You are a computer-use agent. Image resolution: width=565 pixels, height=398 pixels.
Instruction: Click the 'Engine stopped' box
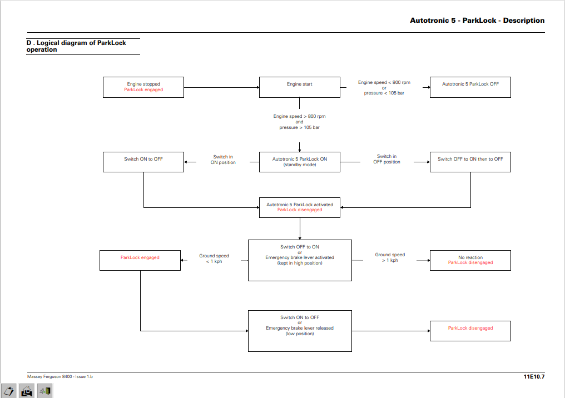[x=143, y=87]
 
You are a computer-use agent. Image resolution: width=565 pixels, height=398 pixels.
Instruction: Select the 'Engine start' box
[x=299, y=87]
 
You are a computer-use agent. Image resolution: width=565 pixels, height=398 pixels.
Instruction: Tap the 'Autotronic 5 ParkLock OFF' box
[x=470, y=87]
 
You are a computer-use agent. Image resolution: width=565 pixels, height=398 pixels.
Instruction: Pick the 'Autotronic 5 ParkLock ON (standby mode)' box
[x=299, y=162]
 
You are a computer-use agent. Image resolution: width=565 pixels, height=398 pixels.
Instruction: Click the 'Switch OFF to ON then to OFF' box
[x=470, y=162]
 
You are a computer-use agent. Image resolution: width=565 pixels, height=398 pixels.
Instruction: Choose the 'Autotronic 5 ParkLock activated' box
[x=299, y=207]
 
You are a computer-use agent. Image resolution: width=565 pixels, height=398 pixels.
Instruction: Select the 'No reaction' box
[x=470, y=260]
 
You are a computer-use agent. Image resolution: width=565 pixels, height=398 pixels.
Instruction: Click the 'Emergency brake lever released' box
[x=300, y=331]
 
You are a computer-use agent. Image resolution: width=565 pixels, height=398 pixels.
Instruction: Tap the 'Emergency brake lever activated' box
[x=300, y=260]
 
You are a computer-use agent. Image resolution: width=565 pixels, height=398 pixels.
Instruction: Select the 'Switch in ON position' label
[x=223, y=160]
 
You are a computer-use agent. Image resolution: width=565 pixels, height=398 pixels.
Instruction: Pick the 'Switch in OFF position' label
[x=386, y=159]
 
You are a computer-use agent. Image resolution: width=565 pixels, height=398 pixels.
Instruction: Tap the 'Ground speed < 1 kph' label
[x=214, y=258]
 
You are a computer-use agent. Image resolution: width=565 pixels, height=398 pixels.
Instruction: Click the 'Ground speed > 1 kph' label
[x=390, y=257]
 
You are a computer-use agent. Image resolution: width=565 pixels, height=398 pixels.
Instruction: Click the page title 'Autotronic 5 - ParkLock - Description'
[x=477, y=21]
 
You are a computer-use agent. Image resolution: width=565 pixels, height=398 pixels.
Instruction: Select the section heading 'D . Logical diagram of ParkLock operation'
[x=76, y=46]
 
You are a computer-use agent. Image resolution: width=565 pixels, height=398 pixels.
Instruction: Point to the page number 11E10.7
[x=534, y=377]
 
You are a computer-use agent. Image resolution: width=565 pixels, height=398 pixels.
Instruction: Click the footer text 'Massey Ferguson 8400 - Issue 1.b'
[x=60, y=377]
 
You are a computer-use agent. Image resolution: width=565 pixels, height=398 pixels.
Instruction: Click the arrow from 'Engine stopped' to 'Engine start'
[x=221, y=87]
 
